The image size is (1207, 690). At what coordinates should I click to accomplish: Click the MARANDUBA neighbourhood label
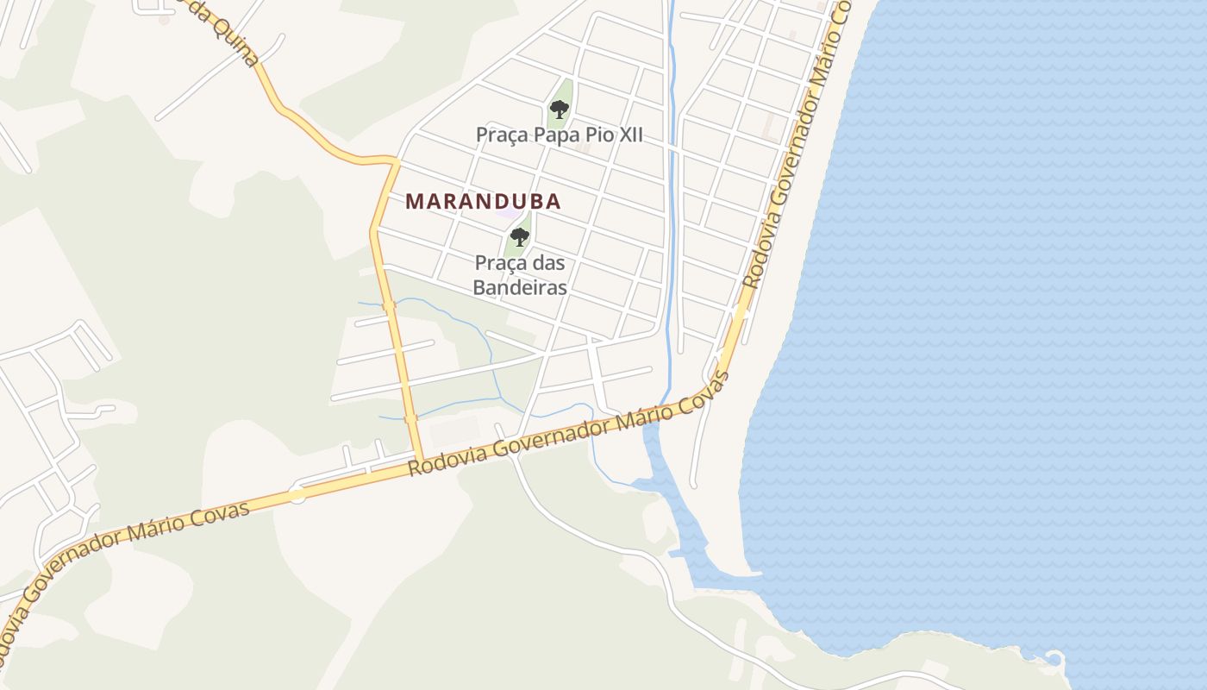(483, 202)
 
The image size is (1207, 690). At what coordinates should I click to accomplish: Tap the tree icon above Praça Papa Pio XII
(559, 110)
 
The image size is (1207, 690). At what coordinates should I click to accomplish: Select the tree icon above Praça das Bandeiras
(519, 237)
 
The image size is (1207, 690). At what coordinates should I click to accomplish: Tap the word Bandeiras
(519, 287)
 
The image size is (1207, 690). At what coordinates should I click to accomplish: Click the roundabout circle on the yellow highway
(297, 495)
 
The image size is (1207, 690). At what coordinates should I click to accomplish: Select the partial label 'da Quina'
(226, 34)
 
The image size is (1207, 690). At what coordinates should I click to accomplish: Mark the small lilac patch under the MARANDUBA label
(512, 213)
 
